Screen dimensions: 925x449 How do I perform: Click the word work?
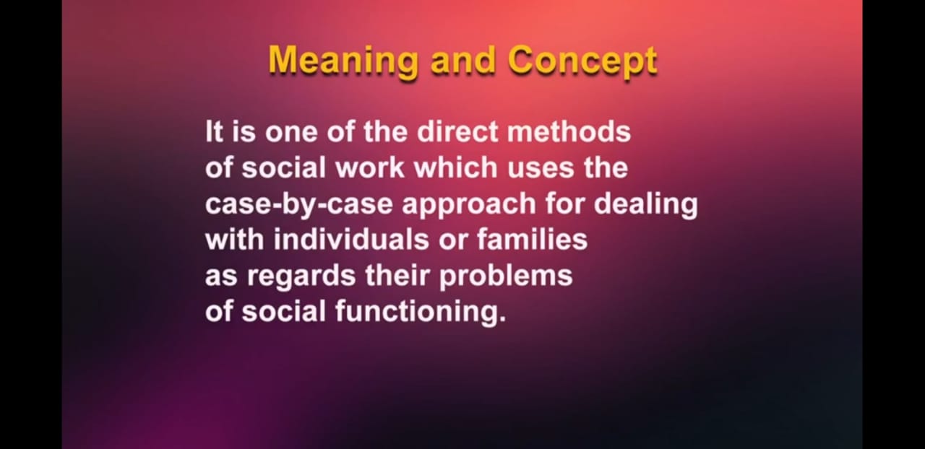[370, 168]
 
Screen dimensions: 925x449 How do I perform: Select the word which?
[455, 168]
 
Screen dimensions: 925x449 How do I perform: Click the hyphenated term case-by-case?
[299, 205]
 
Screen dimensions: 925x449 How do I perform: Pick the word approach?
[469, 205]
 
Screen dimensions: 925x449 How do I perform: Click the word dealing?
[646, 205]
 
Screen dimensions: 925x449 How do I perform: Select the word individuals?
[351, 240]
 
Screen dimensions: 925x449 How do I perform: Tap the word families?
[533, 240]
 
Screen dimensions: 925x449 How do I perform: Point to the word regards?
[301, 277]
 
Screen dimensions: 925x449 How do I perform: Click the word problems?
[506, 277]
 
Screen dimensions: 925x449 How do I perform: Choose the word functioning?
[421, 313]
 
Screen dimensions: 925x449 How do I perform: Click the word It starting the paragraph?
[214, 132]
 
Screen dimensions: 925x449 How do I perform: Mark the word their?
[397, 275]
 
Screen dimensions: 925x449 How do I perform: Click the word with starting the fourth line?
[235, 240]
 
